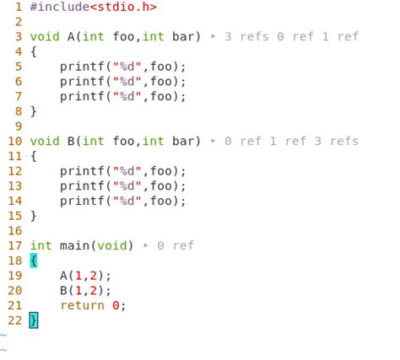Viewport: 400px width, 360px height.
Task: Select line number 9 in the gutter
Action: click(x=19, y=126)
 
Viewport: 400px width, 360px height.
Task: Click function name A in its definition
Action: click(x=71, y=36)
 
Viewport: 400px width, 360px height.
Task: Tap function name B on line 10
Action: click(x=71, y=141)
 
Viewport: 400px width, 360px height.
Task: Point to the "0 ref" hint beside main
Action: click(x=176, y=245)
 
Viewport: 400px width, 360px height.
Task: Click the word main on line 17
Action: click(x=74, y=245)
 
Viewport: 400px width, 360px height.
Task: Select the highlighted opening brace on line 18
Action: click(x=34, y=261)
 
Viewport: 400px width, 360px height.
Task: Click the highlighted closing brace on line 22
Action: click(x=34, y=320)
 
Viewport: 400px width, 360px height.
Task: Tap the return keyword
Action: click(x=82, y=305)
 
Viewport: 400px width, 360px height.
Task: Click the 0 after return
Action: click(x=116, y=305)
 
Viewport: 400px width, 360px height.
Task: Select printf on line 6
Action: click(x=82, y=82)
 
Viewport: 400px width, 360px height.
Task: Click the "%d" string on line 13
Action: click(x=127, y=185)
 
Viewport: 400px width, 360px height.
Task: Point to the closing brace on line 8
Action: click(x=34, y=111)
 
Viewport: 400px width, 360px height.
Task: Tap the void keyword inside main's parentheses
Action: click(x=111, y=245)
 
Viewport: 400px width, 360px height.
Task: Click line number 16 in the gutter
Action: click(x=15, y=231)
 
